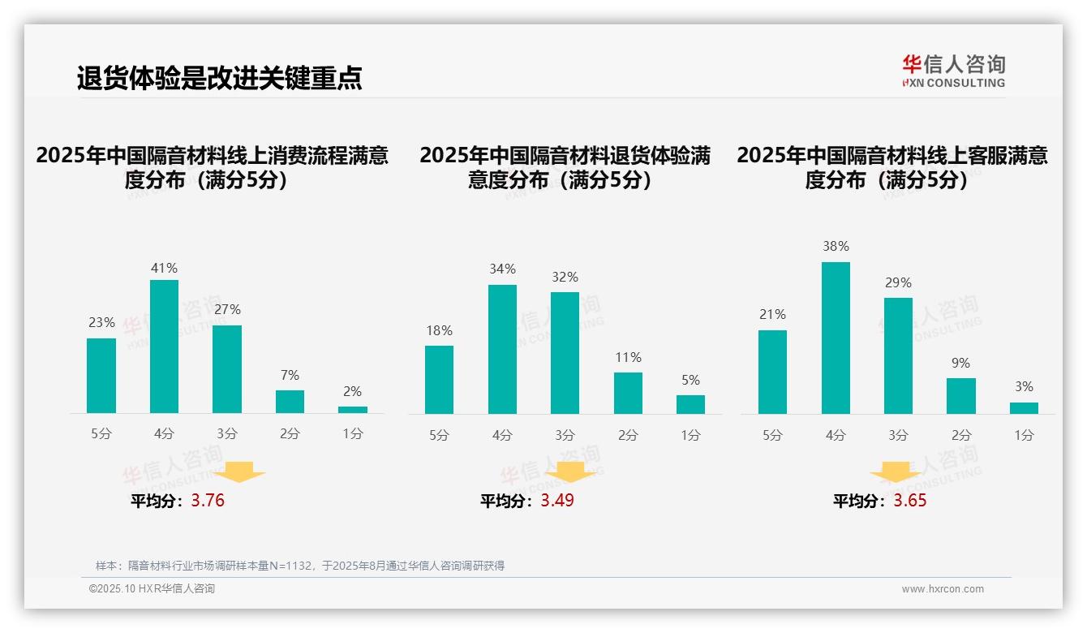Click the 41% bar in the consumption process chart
click(x=164, y=347)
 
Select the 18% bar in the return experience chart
click(x=439, y=380)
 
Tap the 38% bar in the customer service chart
click(x=836, y=338)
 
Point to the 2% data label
click(x=352, y=391)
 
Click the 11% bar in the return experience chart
click(x=628, y=393)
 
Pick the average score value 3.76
click(x=208, y=501)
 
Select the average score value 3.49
click(x=557, y=501)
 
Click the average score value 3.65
click(x=910, y=501)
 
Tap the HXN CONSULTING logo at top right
click(x=953, y=71)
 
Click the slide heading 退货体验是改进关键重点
click(x=219, y=78)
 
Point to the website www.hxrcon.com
click(x=943, y=589)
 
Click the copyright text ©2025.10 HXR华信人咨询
click(x=152, y=589)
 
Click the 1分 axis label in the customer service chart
click(x=1024, y=435)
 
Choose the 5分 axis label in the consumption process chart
click(x=101, y=434)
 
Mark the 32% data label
click(x=565, y=277)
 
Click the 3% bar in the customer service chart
click(x=1024, y=408)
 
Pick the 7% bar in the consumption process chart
click(x=290, y=402)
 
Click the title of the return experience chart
click(x=565, y=167)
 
